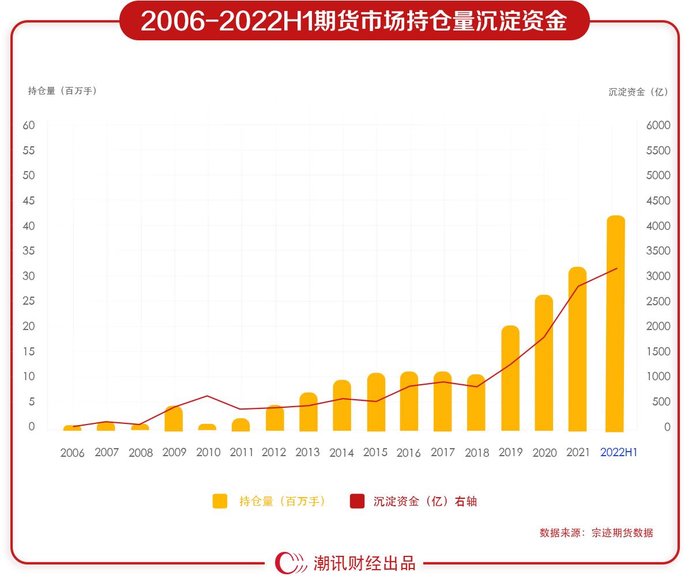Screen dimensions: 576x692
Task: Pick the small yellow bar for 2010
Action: (207, 427)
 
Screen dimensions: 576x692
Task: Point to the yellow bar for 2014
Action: (342, 406)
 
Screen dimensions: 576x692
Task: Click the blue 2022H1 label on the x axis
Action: (618, 453)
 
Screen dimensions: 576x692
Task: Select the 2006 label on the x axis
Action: (72, 453)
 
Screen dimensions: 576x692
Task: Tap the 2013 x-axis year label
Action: (307, 453)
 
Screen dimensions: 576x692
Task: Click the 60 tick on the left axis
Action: (29, 126)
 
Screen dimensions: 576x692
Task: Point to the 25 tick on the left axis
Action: (29, 301)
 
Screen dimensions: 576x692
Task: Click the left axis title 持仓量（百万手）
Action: (62, 90)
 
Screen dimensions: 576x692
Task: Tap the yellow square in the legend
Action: (220, 501)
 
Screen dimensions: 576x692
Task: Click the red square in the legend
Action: (357, 501)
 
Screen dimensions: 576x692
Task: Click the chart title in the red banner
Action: (353, 21)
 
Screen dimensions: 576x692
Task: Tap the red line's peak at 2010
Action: (207, 396)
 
